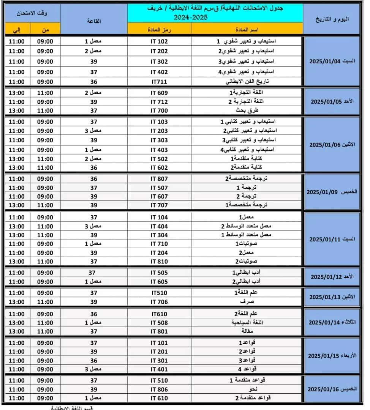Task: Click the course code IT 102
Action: point(159,41)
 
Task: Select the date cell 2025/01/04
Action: point(332,61)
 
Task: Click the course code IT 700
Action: point(159,110)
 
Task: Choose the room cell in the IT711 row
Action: point(93,82)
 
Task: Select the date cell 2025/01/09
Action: point(332,192)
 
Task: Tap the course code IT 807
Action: point(159,179)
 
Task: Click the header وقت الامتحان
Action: point(32,13)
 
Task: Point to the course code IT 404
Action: point(159,226)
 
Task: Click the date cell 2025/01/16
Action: point(332,389)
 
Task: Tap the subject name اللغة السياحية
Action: point(247,323)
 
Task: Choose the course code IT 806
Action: point(159,389)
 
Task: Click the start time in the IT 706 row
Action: point(45,302)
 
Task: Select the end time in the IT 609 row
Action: point(17,93)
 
